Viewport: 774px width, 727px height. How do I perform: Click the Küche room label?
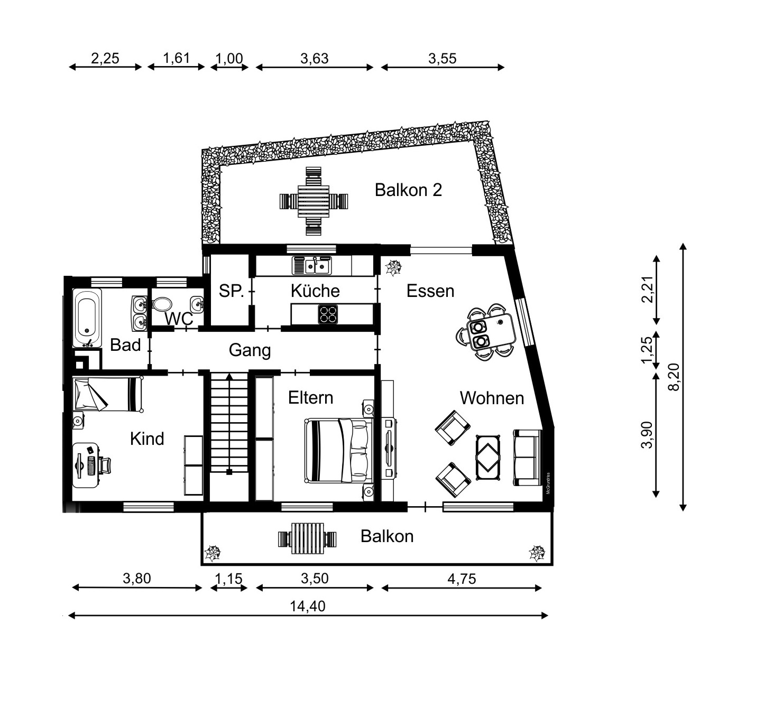coord(315,291)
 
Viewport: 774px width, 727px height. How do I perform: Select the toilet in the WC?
coord(162,304)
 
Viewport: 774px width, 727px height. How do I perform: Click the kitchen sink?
coord(312,265)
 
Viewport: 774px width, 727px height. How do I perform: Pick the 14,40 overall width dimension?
coord(308,606)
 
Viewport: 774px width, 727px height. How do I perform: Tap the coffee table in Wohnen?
coord(488,457)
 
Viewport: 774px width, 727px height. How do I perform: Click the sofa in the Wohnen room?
coord(527,458)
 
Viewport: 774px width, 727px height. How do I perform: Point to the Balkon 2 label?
coord(408,190)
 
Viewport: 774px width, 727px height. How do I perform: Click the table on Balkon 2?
coord(314,201)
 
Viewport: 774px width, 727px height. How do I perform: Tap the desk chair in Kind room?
coord(105,465)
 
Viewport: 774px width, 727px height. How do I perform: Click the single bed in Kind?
coord(107,394)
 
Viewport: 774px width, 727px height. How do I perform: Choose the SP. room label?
coord(231,291)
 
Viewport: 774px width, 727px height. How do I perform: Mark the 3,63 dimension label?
coord(315,59)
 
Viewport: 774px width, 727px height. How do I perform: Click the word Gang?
coord(250,350)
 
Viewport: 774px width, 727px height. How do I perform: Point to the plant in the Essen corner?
coord(393,268)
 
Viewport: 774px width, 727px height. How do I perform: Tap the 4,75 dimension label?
coord(462,579)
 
